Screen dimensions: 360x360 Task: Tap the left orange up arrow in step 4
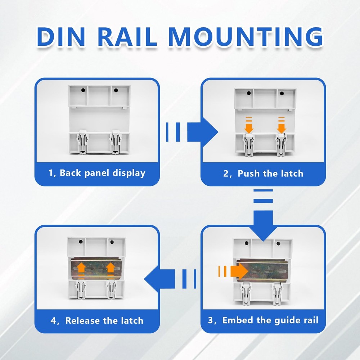coord(81,269)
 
